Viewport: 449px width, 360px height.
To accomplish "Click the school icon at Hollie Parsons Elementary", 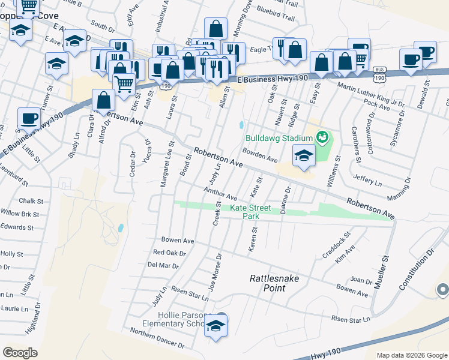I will [215, 327].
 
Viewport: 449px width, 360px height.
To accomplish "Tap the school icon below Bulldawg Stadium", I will [304, 157].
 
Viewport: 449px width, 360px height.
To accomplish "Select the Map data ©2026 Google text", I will [411, 355].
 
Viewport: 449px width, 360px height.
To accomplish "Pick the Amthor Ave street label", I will [220, 193].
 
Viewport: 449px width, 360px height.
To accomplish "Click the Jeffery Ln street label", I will [367, 179].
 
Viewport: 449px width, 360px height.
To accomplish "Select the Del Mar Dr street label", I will [163, 265].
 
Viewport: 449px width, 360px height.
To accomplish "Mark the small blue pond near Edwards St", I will [121, 228].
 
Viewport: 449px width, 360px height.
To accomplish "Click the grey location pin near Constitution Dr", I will [442, 290].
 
